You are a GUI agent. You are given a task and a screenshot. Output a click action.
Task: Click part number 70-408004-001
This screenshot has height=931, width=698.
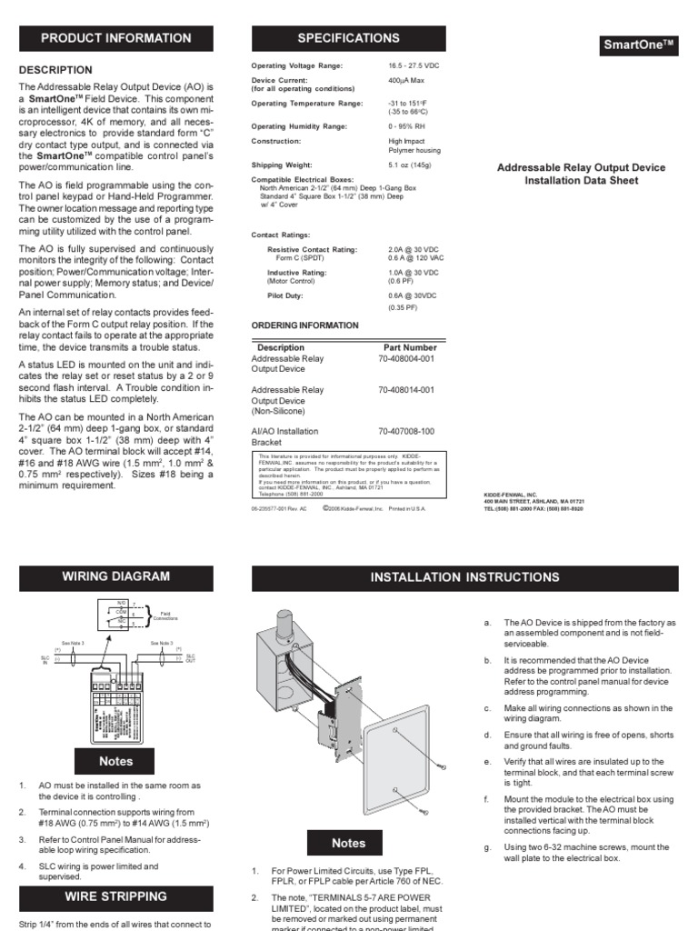tap(406, 359)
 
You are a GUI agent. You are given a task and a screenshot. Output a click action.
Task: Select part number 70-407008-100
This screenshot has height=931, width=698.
tap(406, 431)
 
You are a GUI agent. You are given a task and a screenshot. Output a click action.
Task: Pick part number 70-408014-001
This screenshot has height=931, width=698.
tap(406, 390)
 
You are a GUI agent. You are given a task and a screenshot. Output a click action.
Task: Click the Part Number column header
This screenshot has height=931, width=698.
tap(410, 347)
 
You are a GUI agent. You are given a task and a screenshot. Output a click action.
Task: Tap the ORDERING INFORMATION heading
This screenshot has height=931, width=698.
tap(304, 325)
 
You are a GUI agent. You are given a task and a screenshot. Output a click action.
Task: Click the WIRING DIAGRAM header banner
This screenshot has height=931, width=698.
tap(115, 576)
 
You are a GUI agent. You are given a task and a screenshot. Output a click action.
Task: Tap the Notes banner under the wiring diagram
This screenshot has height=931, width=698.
tap(115, 761)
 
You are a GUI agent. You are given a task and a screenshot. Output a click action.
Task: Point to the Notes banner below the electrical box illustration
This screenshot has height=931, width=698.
tap(349, 843)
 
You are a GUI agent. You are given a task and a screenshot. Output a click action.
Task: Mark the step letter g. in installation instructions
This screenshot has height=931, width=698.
tap(488, 846)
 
